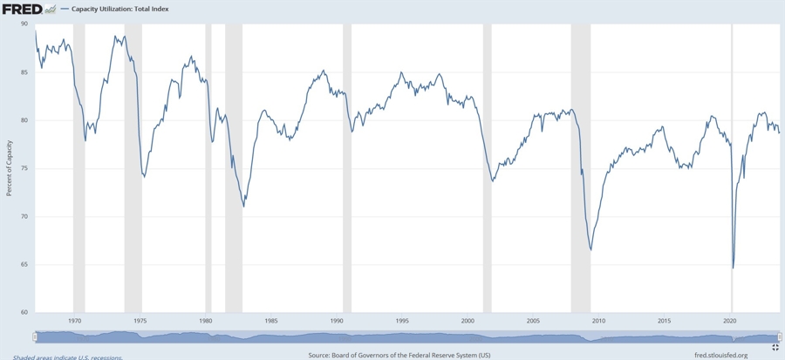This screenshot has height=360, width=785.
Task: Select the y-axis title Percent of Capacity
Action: [x=9, y=167]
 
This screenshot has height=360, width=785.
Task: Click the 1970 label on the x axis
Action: [x=75, y=321]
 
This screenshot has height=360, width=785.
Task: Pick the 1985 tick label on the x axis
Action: [x=271, y=321]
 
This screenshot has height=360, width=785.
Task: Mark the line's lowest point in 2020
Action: [x=733, y=268]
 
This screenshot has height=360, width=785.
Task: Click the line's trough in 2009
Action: [x=591, y=250]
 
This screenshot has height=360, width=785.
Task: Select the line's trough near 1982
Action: [x=243, y=206]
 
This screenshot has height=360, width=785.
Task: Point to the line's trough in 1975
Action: [x=144, y=177]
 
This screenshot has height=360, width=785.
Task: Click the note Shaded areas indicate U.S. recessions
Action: [x=67, y=357]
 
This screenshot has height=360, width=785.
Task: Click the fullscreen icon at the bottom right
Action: [x=775, y=347]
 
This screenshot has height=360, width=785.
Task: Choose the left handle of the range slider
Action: [x=35, y=337]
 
